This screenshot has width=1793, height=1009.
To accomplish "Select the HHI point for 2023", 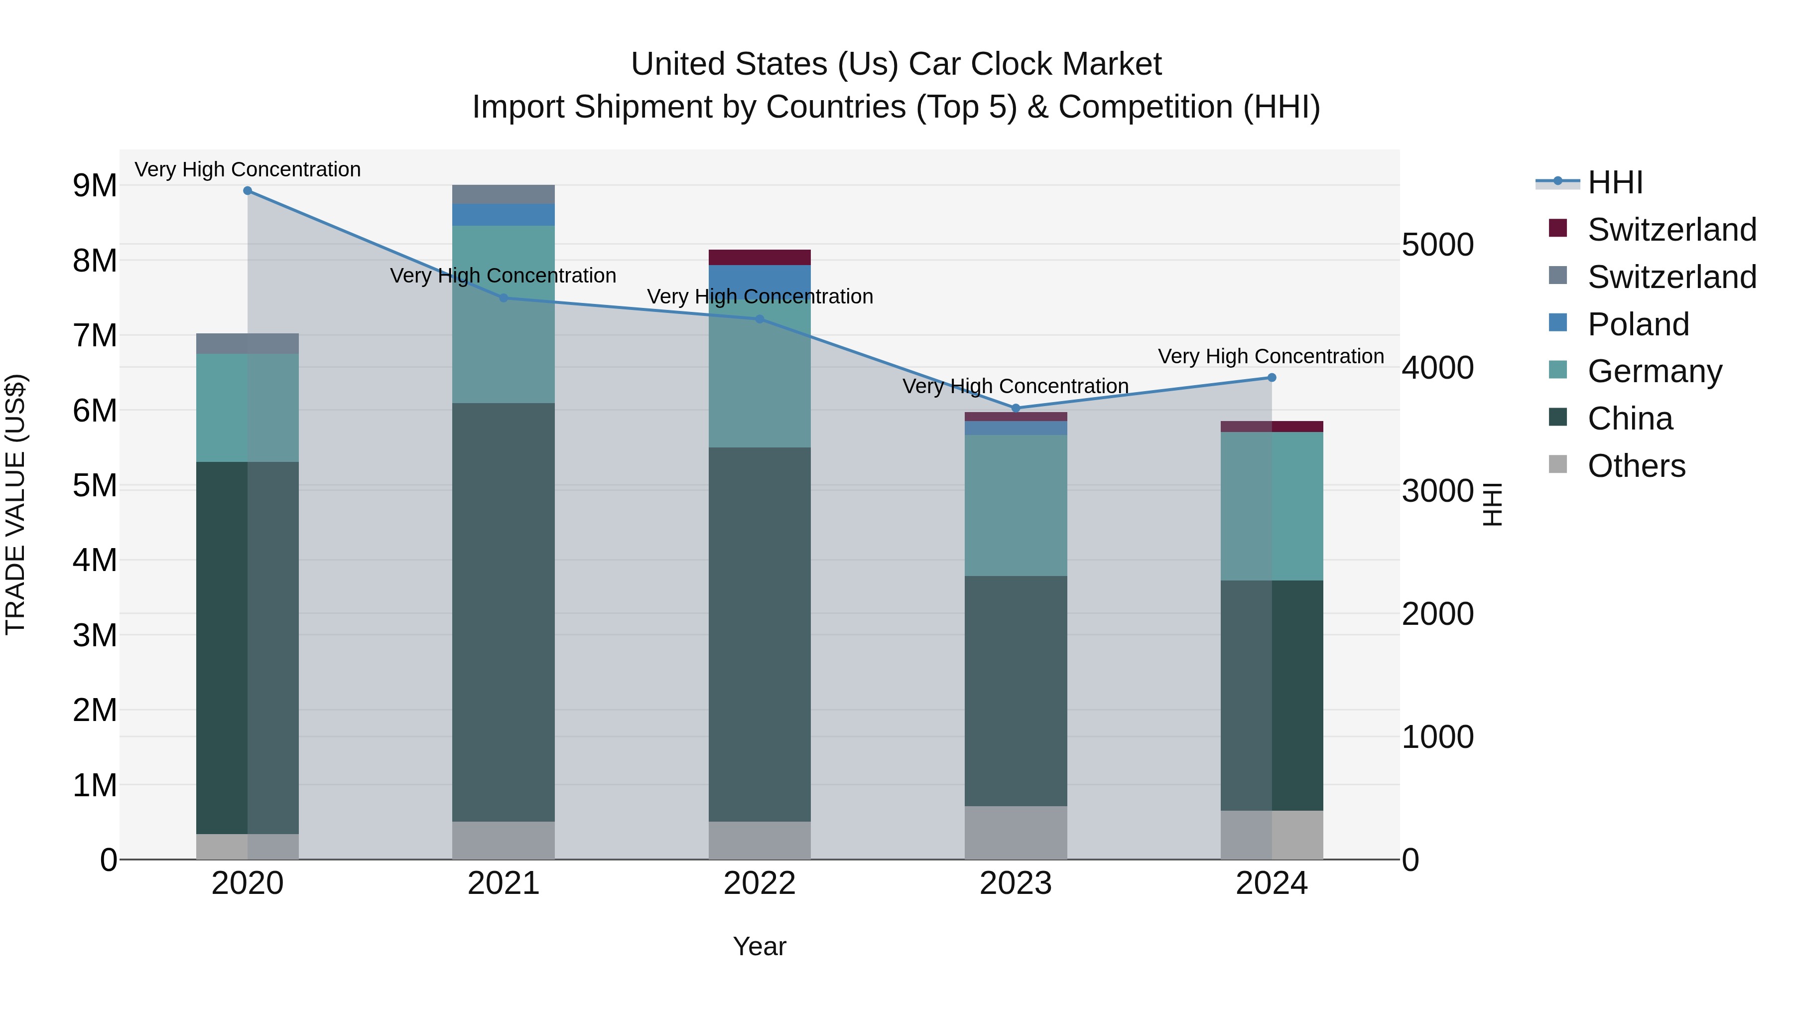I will tap(1016, 408).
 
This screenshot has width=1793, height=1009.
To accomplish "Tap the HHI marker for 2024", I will tap(1272, 377).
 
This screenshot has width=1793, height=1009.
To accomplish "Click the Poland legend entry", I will tap(1638, 324).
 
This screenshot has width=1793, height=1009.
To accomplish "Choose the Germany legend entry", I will tap(1654, 371).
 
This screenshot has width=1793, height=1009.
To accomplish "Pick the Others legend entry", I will tap(1636, 466).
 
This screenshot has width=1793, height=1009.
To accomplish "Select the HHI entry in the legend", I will tap(1615, 182).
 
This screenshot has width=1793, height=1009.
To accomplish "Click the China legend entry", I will tap(1630, 419).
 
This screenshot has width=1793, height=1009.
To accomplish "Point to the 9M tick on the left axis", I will tap(95, 186).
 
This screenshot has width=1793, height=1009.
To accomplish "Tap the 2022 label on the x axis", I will tap(760, 883).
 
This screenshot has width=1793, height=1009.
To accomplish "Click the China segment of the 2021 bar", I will tap(503, 613).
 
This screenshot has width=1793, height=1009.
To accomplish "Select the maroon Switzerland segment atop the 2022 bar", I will tap(760, 258).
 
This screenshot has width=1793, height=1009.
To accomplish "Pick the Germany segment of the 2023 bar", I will tap(1016, 506).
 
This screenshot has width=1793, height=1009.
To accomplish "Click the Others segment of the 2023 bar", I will tap(1016, 833).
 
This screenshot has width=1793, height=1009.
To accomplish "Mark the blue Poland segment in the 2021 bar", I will tap(503, 214).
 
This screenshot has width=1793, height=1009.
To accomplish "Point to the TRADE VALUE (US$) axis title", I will tap(16, 505).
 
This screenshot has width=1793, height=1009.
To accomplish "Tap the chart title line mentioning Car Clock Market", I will tap(896, 64).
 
